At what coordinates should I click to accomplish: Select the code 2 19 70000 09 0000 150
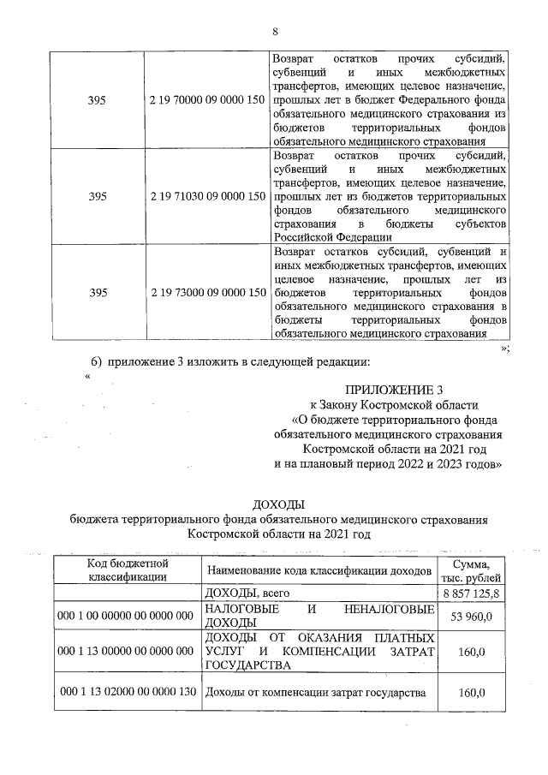coord(206,100)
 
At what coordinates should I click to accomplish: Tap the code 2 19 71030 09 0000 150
coord(206,196)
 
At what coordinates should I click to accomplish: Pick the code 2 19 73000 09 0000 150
coord(206,293)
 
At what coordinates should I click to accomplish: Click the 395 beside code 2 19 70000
coord(98,100)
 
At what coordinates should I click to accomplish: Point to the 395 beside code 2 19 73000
coord(98,293)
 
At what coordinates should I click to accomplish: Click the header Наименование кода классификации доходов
coord(316,570)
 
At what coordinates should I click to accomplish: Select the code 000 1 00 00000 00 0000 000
coord(126,615)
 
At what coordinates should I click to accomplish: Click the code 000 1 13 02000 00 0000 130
coord(126,693)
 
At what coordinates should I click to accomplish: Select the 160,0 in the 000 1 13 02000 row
coord(469,693)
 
